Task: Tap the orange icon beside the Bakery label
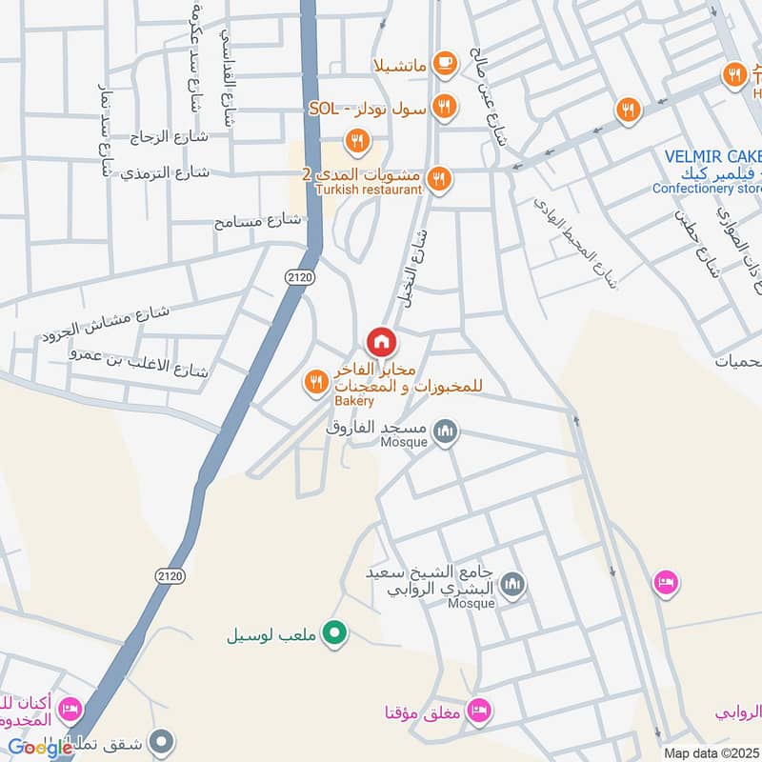tap(315, 383)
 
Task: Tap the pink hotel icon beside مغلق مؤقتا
tap(480, 711)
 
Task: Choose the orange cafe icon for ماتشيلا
tap(443, 64)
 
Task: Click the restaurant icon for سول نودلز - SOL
tap(443, 108)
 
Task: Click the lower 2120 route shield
tap(170, 576)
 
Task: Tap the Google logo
tap(41, 748)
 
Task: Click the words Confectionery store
tap(707, 189)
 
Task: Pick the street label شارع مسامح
tap(257, 221)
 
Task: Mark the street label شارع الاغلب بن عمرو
tap(138, 361)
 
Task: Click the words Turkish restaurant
tap(369, 190)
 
